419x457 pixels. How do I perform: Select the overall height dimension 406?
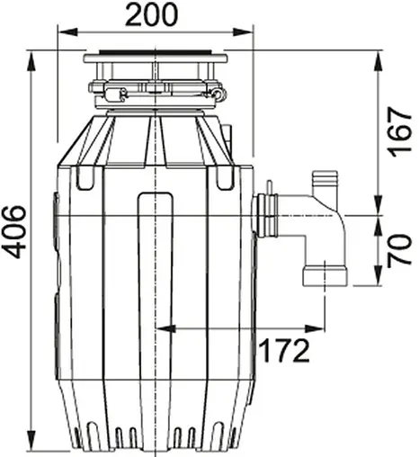click(16, 231)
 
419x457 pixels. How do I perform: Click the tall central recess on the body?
click(155, 270)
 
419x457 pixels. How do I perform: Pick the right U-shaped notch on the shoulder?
click(224, 180)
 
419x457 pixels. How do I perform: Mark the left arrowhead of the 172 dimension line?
click(160, 329)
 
